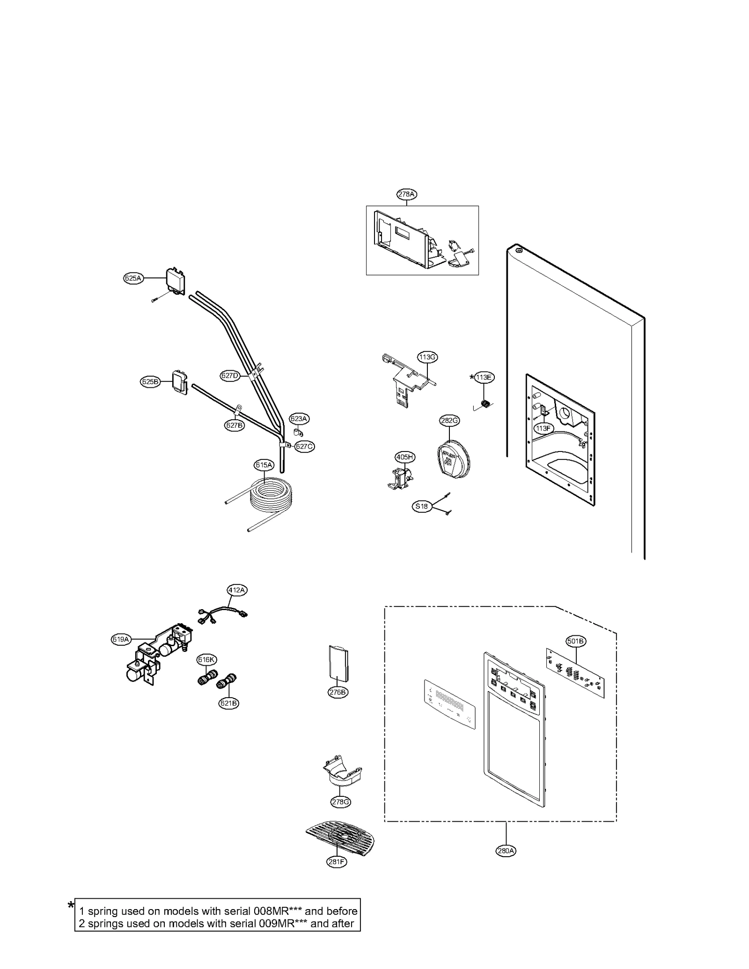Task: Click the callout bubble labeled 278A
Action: [x=406, y=194]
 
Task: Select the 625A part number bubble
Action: [x=133, y=278]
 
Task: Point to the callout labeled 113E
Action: [x=485, y=377]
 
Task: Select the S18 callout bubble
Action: [x=422, y=506]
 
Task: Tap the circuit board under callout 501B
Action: [x=575, y=672]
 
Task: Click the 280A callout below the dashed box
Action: [x=506, y=851]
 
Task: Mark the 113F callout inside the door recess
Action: [x=543, y=428]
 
